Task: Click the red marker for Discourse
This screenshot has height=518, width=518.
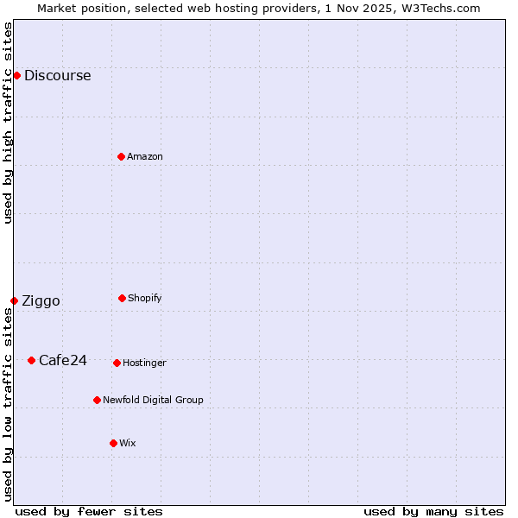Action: [16, 75]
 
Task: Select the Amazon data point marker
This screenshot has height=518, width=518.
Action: [121, 156]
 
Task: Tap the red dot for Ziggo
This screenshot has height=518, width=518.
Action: [14, 300]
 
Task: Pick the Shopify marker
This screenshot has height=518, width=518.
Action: [122, 298]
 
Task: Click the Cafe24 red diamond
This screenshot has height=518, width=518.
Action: [31, 360]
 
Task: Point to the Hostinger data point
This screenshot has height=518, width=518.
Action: [117, 363]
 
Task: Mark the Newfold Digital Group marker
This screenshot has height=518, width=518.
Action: [97, 400]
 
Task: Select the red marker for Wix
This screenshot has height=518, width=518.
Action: [113, 443]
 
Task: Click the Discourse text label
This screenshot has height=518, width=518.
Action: [57, 75]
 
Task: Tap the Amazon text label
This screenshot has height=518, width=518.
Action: [145, 156]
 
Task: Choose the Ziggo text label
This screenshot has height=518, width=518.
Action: [41, 300]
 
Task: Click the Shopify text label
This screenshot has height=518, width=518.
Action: [145, 298]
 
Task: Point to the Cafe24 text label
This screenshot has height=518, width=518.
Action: [63, 360]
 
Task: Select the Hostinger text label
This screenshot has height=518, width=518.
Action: [144, 363]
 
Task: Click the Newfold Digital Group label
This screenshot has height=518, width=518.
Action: [153, 400]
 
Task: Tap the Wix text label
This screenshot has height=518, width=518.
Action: [128, 443]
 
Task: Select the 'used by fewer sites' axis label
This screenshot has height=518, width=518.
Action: [89, 511]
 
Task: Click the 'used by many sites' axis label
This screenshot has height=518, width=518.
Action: [433, 511]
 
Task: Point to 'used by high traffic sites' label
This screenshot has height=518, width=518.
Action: [8, 123]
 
